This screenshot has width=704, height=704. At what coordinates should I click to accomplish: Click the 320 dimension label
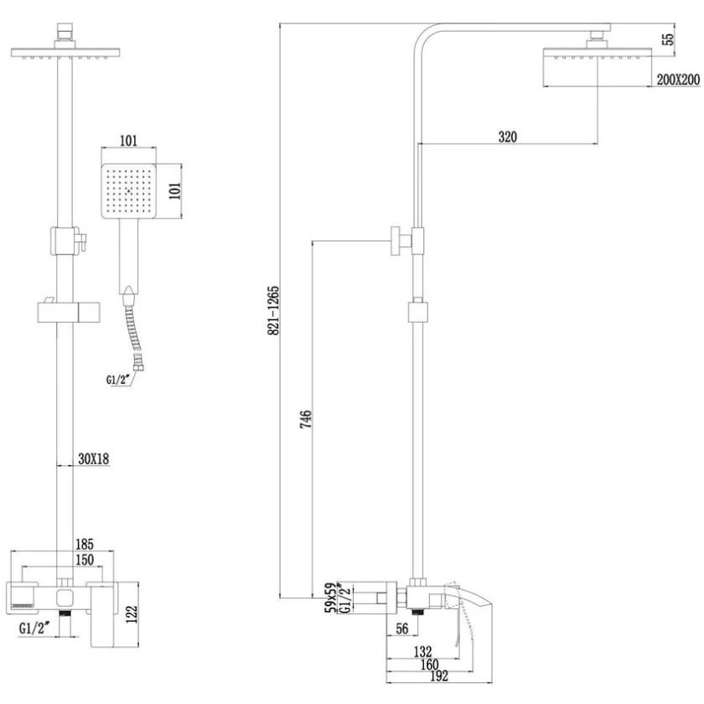(507, 137)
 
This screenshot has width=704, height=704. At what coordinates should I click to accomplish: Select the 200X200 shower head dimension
(678, 80)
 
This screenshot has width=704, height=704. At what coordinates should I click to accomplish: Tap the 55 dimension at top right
(668, 39)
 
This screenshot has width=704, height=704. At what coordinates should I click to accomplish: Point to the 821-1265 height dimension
(273, 310)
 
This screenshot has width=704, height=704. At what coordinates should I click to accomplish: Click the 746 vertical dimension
(306, 419)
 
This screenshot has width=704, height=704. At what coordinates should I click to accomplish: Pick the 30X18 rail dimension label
(93, 459)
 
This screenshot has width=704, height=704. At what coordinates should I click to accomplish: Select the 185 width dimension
(85, 544)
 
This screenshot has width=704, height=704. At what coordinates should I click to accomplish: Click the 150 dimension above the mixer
(85, 560)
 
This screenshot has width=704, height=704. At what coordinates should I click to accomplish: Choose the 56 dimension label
(401, 629)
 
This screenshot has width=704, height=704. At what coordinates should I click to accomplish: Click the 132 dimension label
(422, 651)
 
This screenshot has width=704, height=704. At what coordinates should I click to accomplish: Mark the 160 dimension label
(429, 664)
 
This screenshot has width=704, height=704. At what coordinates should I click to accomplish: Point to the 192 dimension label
(438, 676)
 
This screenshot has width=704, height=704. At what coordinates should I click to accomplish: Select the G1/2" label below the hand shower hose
(118, 380)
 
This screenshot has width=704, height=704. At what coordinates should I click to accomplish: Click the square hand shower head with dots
(128, 191)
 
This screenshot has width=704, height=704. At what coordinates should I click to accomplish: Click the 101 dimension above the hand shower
(128, 141)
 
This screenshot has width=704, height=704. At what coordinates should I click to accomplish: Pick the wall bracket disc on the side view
(396, 241)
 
